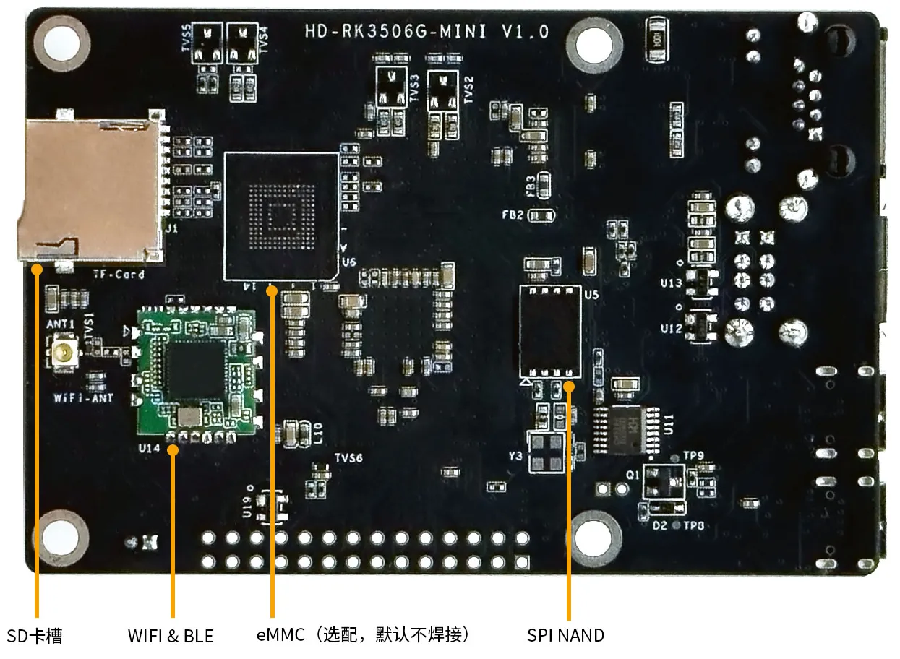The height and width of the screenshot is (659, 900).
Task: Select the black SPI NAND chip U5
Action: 551,330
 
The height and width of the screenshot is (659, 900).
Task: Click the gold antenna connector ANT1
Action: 65,353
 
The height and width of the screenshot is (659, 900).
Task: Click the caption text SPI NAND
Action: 565,635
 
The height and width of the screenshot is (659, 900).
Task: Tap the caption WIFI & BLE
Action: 171,636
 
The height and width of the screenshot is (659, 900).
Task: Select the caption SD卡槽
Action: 35,636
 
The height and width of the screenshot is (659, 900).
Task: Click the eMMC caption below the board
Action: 364,635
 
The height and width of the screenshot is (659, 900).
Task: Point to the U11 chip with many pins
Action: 626,428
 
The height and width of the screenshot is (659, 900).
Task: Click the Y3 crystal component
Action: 546,452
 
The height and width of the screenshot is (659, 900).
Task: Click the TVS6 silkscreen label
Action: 348,458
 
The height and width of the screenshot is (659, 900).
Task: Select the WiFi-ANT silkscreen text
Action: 79,398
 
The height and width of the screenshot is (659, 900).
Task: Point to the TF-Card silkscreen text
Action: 118,275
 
